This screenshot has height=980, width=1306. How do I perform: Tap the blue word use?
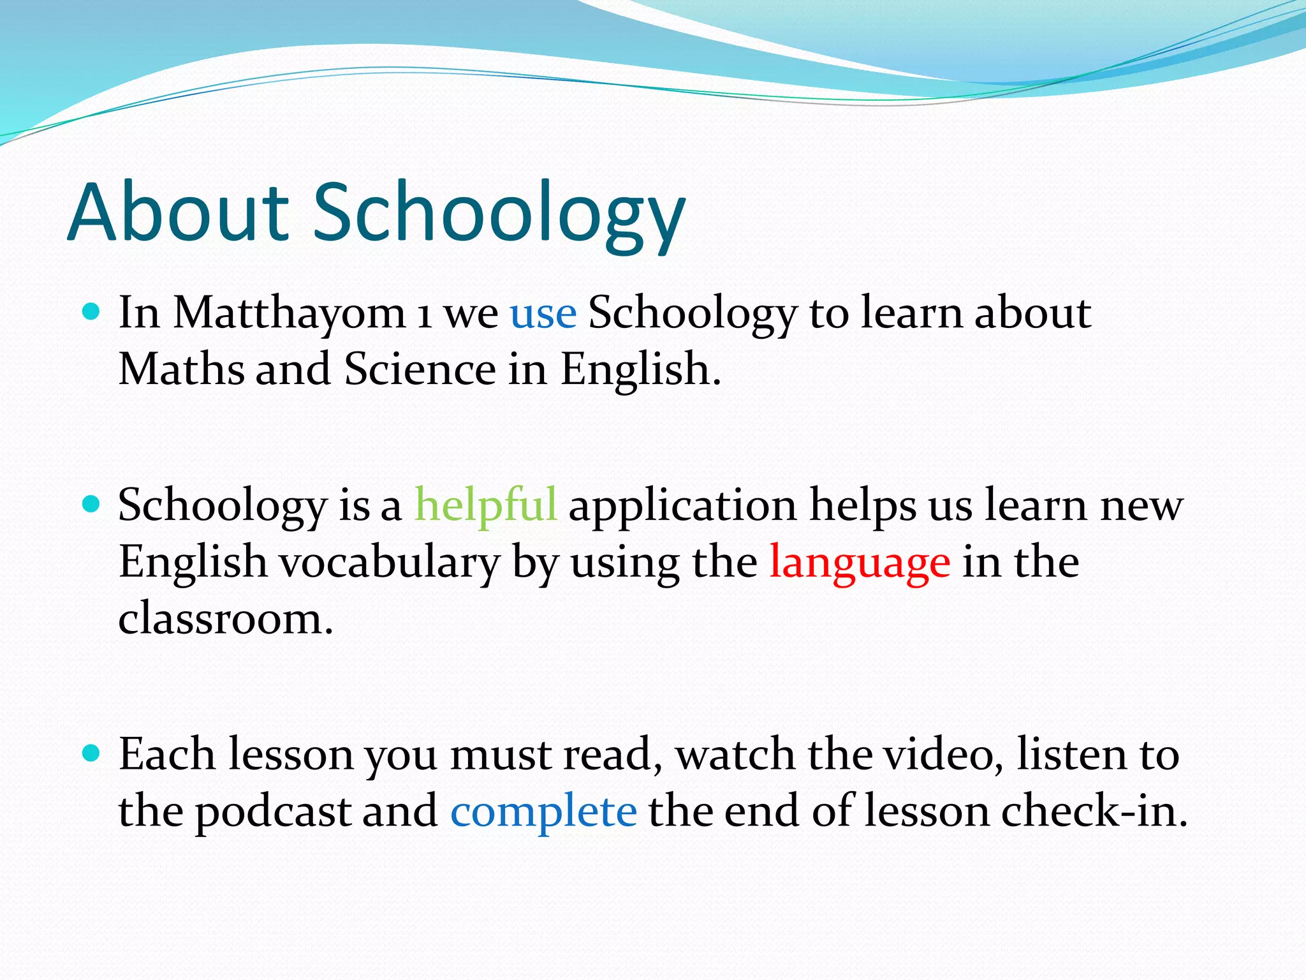543,313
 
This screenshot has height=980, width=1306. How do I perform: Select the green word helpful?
485,505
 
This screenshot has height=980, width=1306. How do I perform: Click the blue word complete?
543,812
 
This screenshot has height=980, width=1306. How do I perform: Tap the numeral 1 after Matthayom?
423,315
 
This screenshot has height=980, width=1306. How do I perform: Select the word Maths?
181,369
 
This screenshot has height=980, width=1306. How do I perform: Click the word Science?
420,369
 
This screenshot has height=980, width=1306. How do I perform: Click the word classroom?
225,618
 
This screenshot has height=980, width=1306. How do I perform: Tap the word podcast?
272,812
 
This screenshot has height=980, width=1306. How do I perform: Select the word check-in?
1093,812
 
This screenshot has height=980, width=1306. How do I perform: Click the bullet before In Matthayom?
92,312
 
